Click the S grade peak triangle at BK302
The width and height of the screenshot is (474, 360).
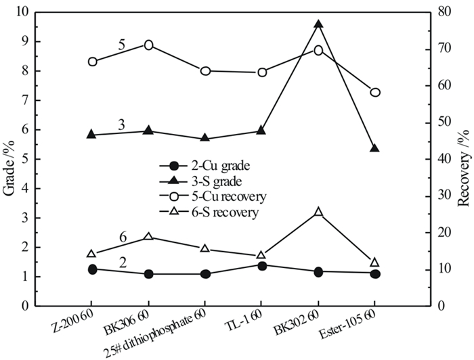pyautogui.click(x=318, y=24)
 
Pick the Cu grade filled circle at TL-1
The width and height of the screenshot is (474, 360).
pyautogui.click(x=261, y=265)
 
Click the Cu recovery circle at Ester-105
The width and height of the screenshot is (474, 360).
pyautogui.click(x=375, y=92)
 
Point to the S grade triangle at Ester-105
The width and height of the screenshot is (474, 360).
pyautogui.click(x=375, y=148)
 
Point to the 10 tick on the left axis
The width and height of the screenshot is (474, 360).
pyautogui.click(x=23, y=13)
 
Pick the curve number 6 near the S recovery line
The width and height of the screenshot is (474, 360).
pyautogui.click(x=123, y=238)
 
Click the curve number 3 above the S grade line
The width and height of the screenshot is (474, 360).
pyautogui.click(x=121, y=125)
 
